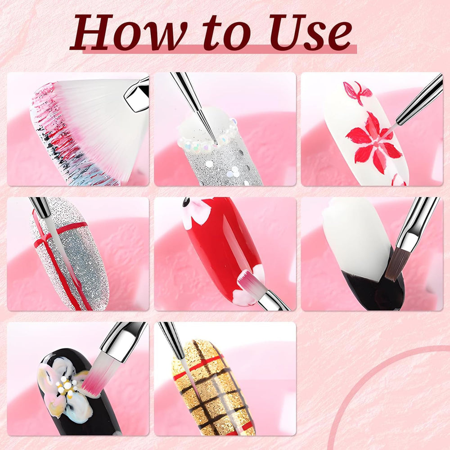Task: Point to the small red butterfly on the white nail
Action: tap(358, 91)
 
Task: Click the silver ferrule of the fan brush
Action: tap(136, 94)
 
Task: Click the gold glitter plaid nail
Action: tap(212, 387)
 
